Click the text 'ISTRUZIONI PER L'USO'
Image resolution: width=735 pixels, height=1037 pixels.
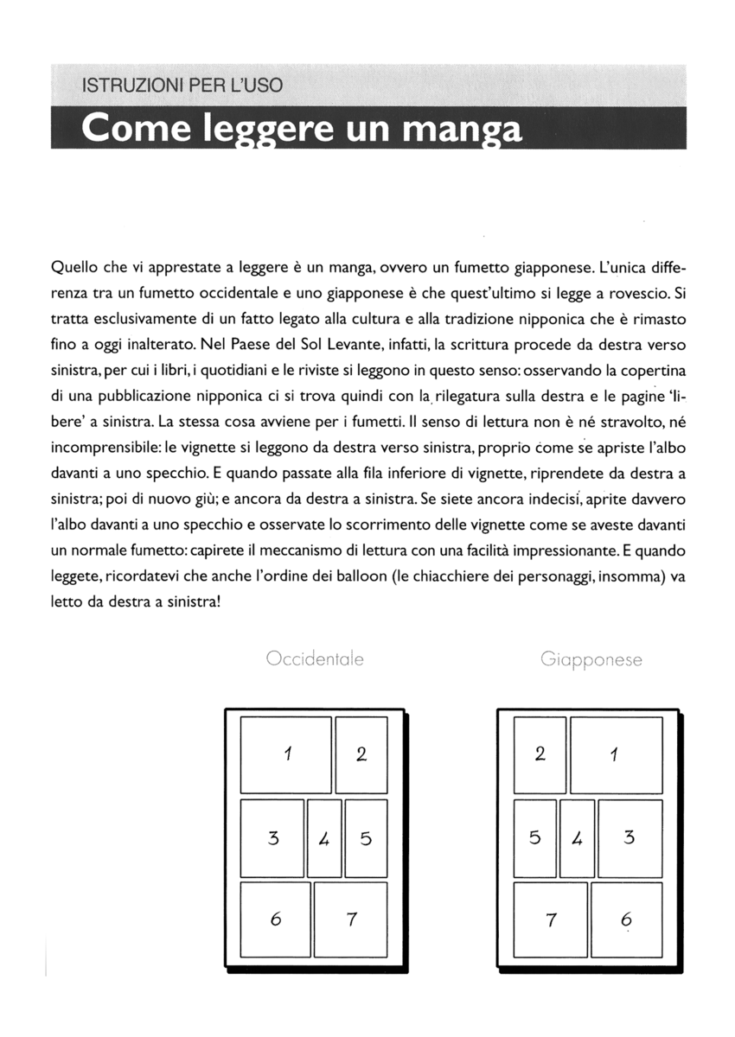pyautogui.click(x=182, y=86)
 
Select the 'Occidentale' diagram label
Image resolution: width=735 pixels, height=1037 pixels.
pyautogui.click(x=315, y=659)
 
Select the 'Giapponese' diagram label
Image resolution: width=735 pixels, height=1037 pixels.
pyautogui.click(x=591, y=659)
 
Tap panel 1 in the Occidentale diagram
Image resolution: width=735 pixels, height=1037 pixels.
pyautogui.click(x=285, y=754)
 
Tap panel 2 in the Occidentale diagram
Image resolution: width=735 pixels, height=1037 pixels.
pyautogui.click(x=361, y=754)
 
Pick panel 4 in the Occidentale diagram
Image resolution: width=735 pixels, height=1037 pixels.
pyautogui.click(x=324, y=837)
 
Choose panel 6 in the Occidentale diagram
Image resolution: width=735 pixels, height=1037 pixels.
pyautogui.click(x=275, y=919)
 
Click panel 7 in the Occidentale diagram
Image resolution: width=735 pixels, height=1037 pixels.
pyautogui.click(x=350, y=919)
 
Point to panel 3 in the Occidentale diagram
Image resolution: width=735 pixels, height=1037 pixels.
pyautogui.click(x=272, y=837)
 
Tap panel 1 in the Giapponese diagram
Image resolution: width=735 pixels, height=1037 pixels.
pyautogui.click(x=616, y=754)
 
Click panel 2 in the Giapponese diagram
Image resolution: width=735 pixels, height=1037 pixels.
pyautogui.click(x=540, y=754)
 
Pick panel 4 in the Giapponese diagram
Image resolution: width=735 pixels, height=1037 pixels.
pyautogui.click(x=577, y=837)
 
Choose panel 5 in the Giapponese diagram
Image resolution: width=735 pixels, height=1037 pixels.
pyautogui.click(x=535, y=837)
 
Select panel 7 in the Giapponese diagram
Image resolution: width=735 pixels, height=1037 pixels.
pyautogui.click(x=550, y=919)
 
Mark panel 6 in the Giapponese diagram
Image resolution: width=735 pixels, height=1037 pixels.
pyautogui.click(x=626, y=919)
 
